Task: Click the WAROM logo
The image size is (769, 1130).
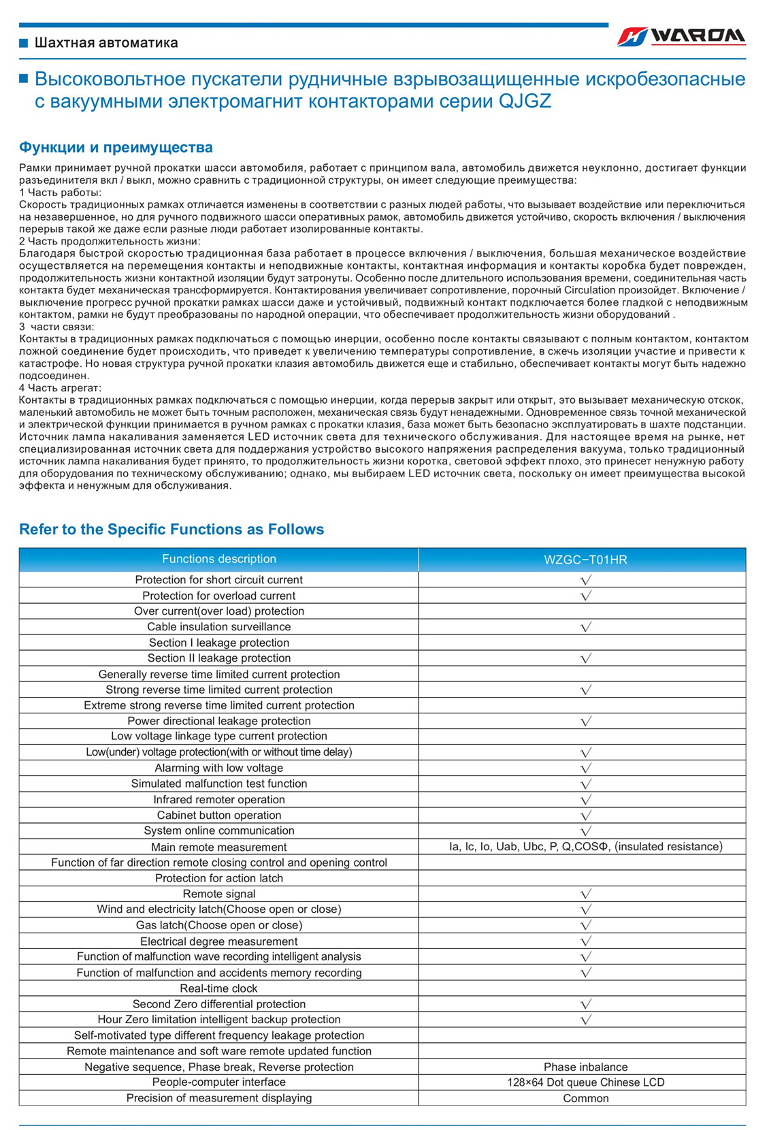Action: [681, 36]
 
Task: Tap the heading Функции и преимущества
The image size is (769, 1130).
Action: [116, 148]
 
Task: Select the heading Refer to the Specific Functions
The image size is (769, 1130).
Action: [171, 530]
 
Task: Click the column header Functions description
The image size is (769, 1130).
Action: [219, 559]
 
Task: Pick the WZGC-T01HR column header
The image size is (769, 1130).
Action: [585, 560]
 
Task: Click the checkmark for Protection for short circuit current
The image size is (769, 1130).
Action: [585, 580]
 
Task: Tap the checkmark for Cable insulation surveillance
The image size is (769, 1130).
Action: [585, 627]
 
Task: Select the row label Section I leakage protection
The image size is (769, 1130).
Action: [219, 643]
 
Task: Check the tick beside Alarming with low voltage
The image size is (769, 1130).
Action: [585, 768]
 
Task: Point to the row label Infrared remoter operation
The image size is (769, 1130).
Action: [219, 799]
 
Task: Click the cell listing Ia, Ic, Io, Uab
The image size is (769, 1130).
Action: [585, 847]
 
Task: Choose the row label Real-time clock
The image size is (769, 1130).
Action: [219, 988]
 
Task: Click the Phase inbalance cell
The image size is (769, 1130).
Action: [585, 1067]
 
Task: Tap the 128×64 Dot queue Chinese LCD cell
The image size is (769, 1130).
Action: [585, 1082]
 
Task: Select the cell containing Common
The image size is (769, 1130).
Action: [585, 1098]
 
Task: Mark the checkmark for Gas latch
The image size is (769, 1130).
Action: [585, 925]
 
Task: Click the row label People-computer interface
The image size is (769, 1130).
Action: [219, 1082]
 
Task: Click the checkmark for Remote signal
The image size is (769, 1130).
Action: [585, 894]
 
